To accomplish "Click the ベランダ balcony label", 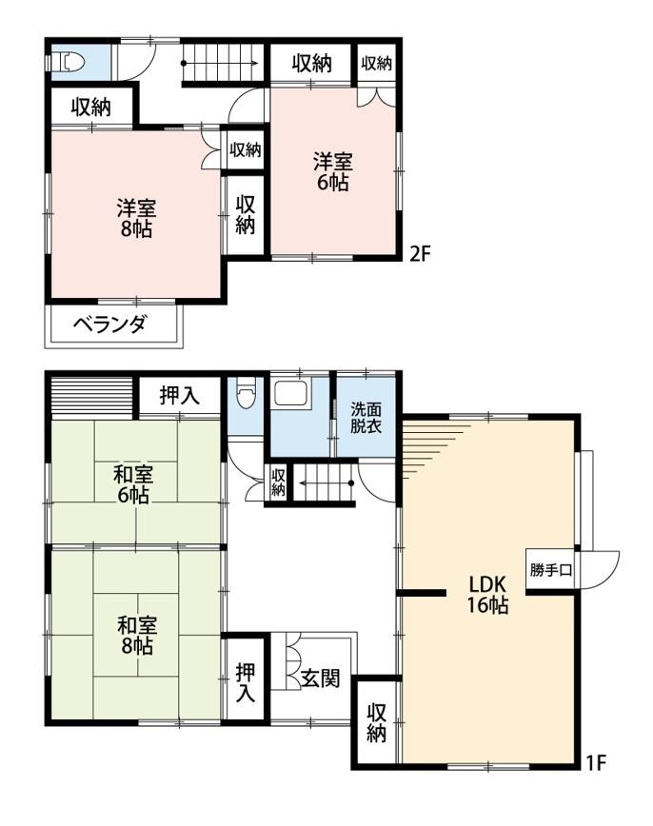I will click(x=110, y=325).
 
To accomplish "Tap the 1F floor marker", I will click(x=595, y=761).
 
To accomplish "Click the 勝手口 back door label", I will click(x=551, y=571).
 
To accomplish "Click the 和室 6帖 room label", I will click(x=135, y=482).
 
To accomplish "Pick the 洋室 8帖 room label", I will click(x=137, y=218).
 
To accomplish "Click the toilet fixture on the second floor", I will click(x=69, y=62).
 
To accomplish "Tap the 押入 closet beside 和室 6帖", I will click(x=179, y=396).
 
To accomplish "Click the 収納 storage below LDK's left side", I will click(x=377, y=722).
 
